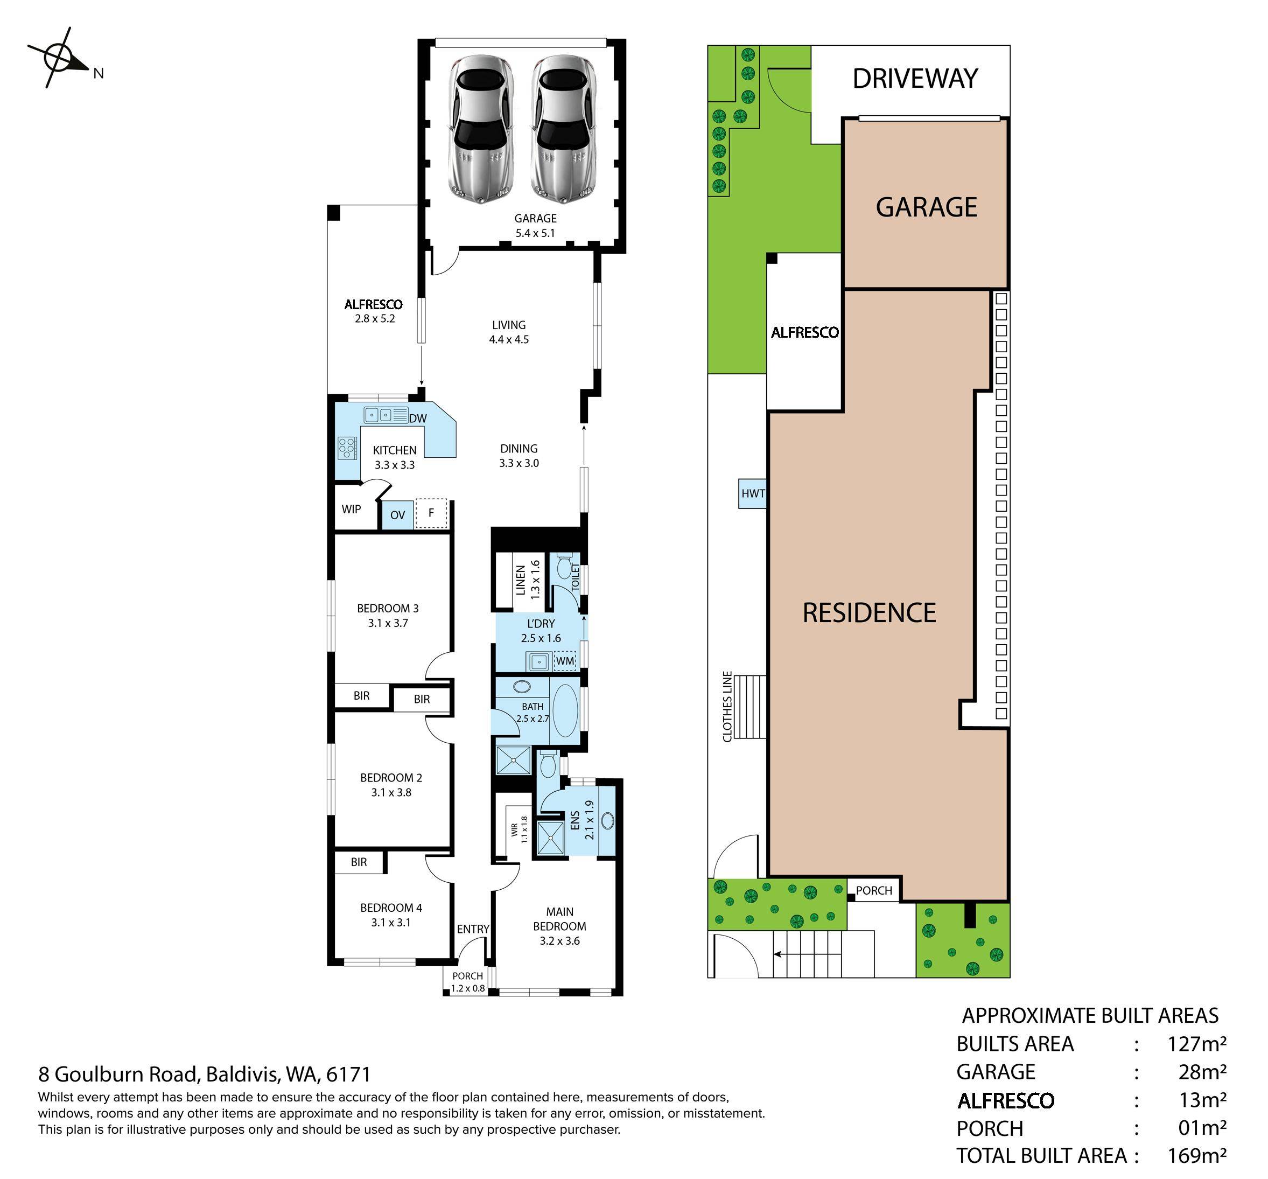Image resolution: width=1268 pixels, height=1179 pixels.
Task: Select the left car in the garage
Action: [481, 129]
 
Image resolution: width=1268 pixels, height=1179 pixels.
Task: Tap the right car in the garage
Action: [564, 129]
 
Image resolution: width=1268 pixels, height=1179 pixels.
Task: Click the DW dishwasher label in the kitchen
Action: [418, 418]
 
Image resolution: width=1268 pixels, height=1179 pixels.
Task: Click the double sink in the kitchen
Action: [386, 415]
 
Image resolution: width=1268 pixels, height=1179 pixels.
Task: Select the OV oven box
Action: [397, 515]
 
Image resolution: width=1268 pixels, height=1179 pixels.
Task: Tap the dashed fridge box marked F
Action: [431, 513]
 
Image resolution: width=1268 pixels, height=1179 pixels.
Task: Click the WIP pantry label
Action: [352, 509]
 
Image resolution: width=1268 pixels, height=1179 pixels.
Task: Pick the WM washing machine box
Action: [565, 661]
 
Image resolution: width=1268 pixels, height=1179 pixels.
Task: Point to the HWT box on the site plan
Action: [753, 493]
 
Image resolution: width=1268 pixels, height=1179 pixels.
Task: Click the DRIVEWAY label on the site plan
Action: [915, 79]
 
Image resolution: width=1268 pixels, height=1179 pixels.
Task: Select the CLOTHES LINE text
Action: [727, 706]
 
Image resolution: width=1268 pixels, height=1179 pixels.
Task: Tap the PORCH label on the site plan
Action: [874, 891]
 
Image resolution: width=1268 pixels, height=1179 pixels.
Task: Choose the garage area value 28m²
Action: [1202, 1072]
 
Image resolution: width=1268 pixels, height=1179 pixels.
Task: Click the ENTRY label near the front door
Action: [473, 929]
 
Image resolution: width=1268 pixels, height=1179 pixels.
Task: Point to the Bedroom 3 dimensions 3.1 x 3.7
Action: [388, 623]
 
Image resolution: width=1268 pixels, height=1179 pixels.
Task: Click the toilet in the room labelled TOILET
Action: [564, 567]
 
